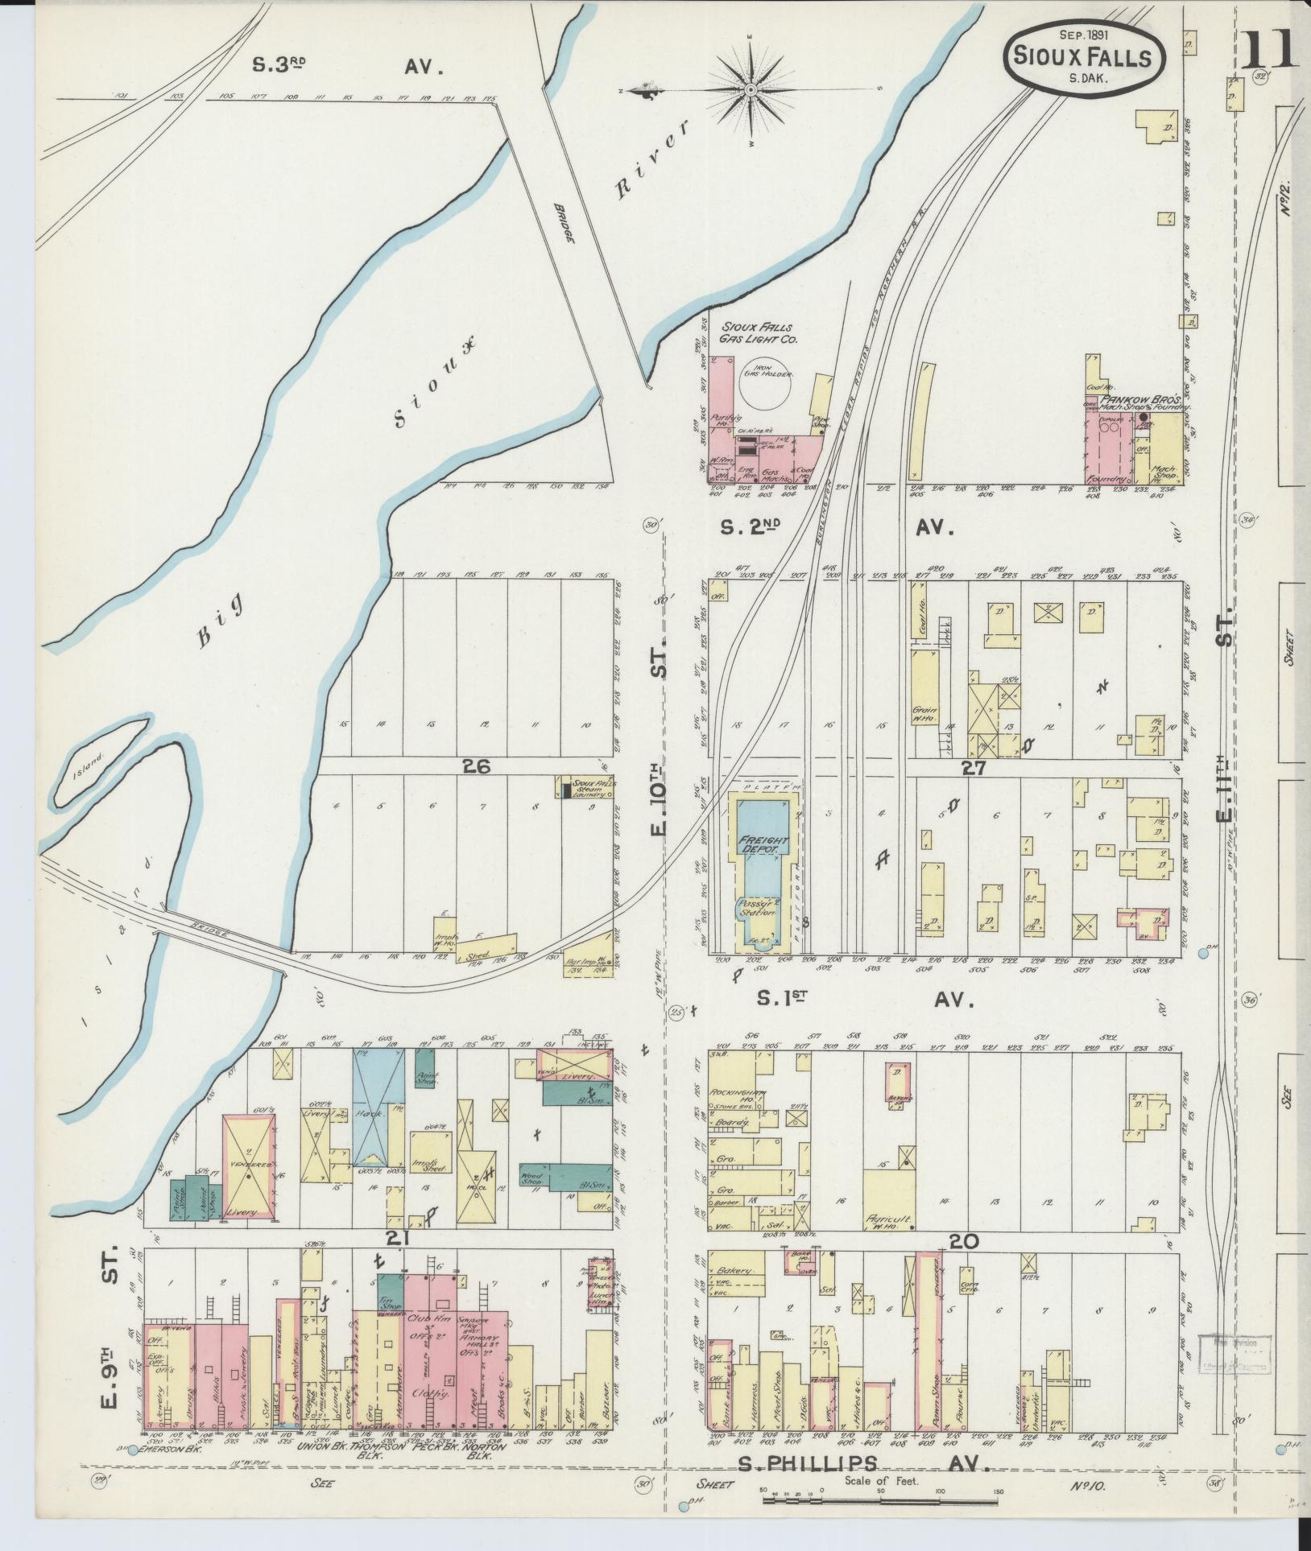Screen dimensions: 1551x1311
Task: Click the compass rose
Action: [x=751, y=89]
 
